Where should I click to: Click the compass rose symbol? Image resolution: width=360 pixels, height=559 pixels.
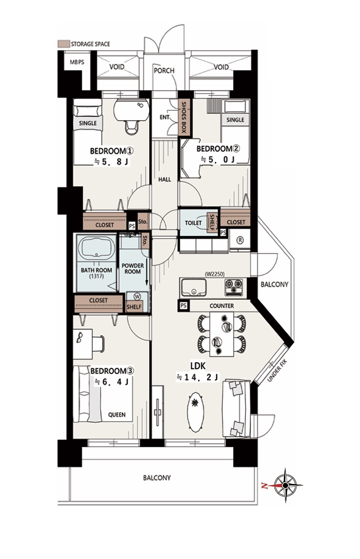[285, 485]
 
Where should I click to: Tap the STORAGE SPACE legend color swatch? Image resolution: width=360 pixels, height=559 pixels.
[63, 43]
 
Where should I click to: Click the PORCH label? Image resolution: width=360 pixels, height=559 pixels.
[164, 71]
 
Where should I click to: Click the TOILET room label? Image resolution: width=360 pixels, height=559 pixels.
[193, 222]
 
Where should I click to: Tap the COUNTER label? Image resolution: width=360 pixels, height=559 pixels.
[221, 306]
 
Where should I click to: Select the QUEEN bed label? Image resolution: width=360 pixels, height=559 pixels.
[117, 414]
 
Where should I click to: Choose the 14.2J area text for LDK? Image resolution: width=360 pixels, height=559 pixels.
[198, 378]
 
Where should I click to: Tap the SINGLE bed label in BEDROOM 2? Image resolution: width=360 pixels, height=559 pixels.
[235, 120]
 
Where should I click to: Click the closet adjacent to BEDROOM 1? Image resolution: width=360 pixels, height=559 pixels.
[105, 225]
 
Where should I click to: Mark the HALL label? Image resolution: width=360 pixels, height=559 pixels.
[165, 180]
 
